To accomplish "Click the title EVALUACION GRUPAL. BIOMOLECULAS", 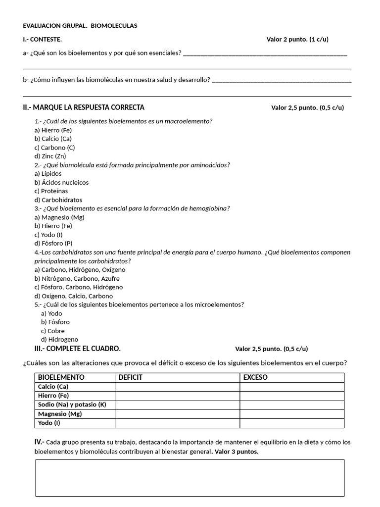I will tap(80, 26).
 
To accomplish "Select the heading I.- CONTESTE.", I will tap(43, 40).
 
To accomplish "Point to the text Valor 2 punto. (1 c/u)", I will tap(297, 40).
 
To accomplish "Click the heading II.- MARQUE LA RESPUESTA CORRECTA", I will tap(84, 107).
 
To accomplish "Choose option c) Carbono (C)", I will tap(54, 148).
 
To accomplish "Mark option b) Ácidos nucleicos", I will tap(61, 182).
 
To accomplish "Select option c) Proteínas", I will tap(51, 191).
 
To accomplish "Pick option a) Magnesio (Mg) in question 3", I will tap(59, 217).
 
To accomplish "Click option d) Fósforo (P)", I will tap(53, 244).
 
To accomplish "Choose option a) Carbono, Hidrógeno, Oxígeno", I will tap(80, 270).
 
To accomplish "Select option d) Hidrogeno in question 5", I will tap(59, 340).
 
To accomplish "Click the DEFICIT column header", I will tap(130, 377).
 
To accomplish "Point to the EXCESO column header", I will tap(255, 377).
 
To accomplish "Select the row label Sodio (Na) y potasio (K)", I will tap(72, 405).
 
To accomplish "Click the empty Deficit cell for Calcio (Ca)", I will tap(177, 387).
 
